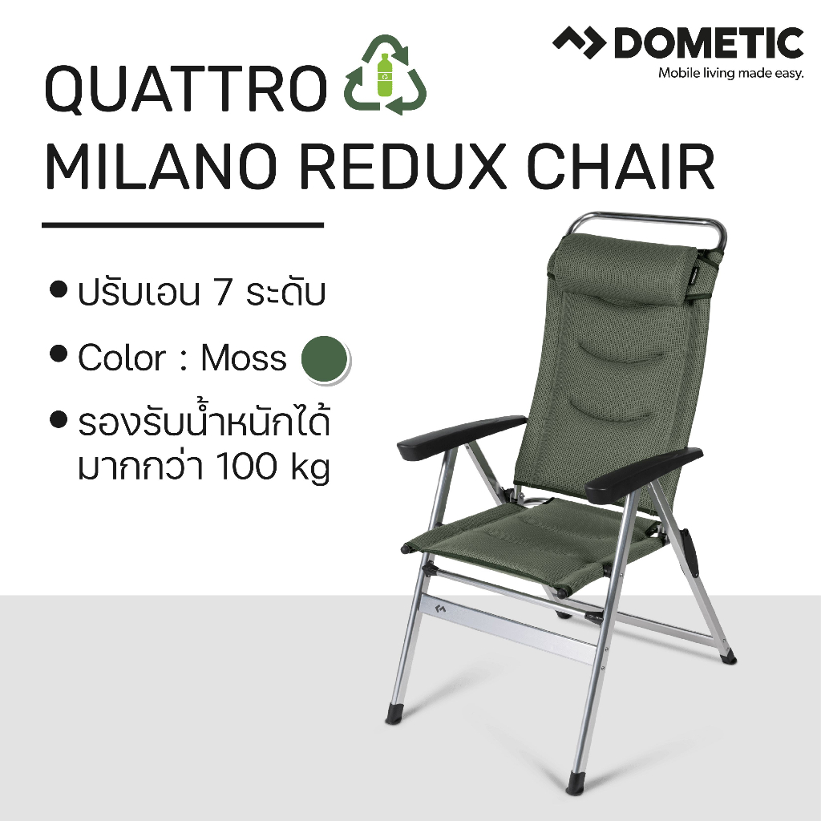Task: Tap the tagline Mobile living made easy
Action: pyautogui.click(x=730, y=75)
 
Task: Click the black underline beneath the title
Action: pyautogui.click(x=183, y=225)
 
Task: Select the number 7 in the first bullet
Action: pyautogui.click(x=223, y=293)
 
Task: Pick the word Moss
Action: pyautogui.click(x=243, y=358)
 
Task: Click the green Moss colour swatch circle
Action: pyautogui.click(x=324, y=359)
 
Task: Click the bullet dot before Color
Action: pyautogui.click(x=58, y=354)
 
